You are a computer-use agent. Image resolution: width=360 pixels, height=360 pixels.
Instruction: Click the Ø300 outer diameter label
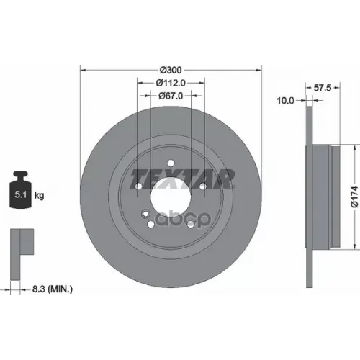point(169,70)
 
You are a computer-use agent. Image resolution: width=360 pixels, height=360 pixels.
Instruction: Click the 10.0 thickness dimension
point(286,101)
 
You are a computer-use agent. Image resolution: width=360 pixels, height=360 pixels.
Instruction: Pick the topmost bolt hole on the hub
point(170,163)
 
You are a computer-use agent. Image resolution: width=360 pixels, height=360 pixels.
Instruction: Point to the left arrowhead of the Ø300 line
point(83,70)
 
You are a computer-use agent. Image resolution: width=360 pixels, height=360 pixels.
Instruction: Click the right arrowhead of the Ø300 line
point(257,70)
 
